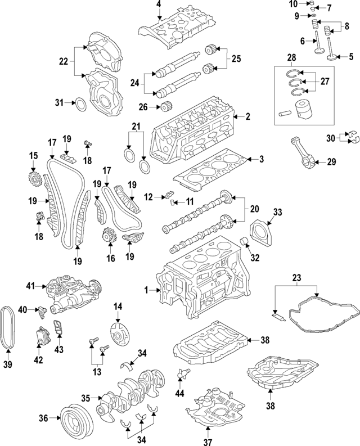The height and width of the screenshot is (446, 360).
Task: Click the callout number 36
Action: coord(43,417)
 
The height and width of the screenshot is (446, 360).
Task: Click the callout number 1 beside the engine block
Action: coord(147,290)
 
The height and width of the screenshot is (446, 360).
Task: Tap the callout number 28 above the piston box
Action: coord(291,58)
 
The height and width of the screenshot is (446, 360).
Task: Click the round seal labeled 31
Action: coord(80,103)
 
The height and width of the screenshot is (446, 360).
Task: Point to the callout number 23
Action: coord(296,277)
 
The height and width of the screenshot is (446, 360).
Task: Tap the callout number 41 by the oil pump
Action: coord(31,286)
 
